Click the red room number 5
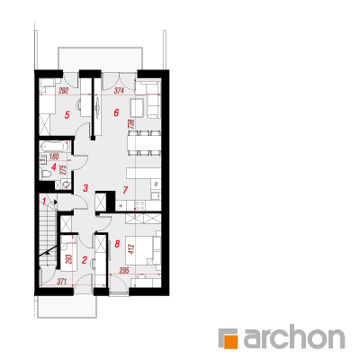(67, 114)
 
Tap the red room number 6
(116, 112)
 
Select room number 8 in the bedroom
(117, 244)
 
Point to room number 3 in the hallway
(85, 188)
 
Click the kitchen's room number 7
(125, 190)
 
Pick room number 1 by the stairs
(44, 201)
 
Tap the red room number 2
(85, 260)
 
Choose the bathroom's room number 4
(54, 166)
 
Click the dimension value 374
(119, 91)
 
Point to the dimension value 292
(63, 91)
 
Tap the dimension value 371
(61, 282)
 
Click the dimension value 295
(123, 271)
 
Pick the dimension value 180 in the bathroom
(54, 156)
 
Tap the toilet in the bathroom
(46, 174)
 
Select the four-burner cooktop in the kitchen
(139, 205)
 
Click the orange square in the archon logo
(232, 341)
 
